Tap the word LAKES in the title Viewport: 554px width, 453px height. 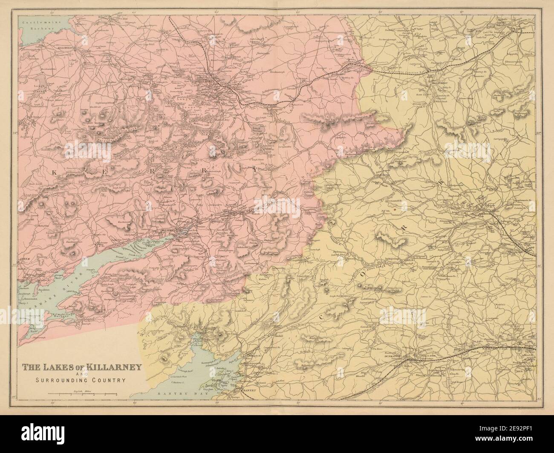coord(59,366)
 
